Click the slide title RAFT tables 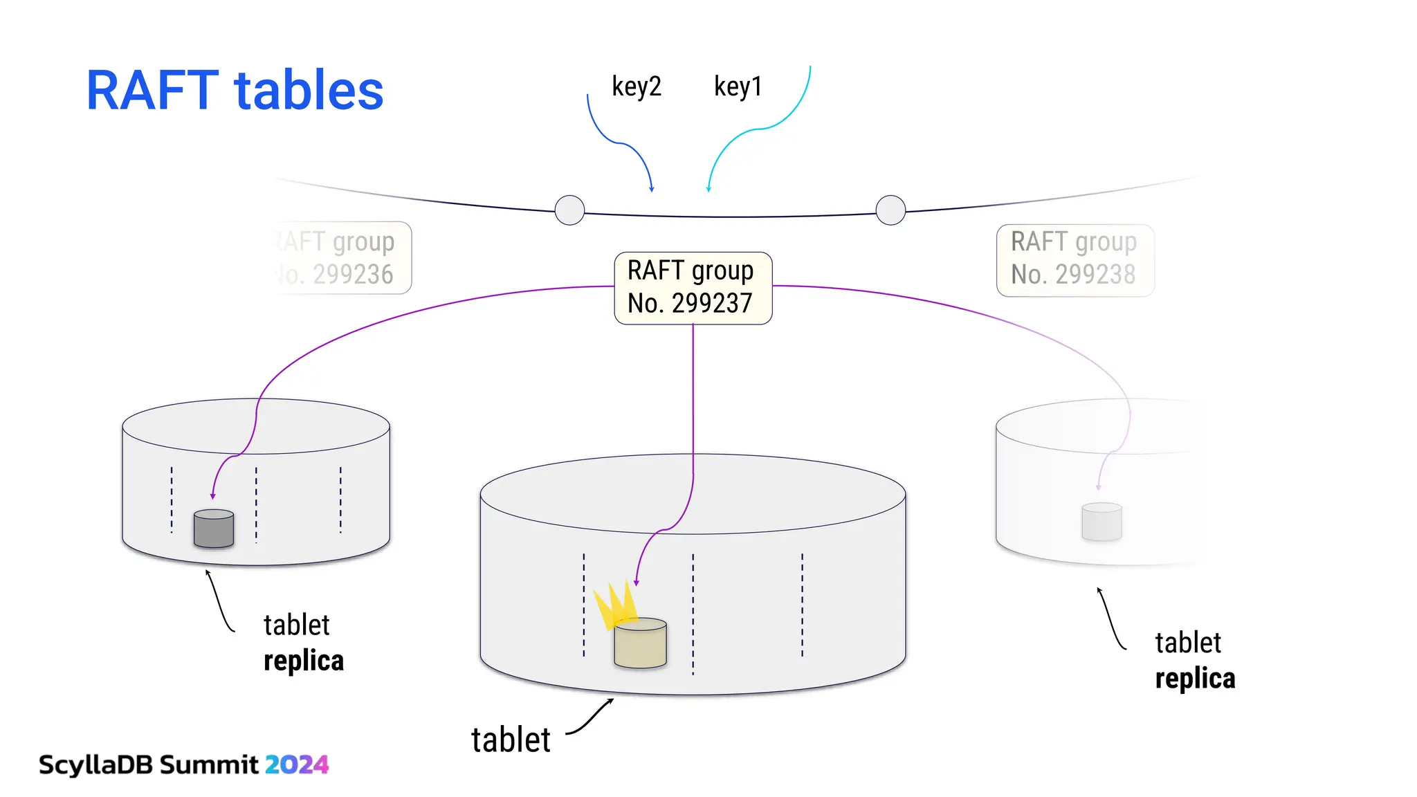(x=235, y=91)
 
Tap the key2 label (x=637, y=86)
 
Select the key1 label (x=738, y=86)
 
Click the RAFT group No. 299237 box (x=693, y=288)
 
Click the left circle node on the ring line (x=569, y=210)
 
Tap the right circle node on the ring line (x=890, y=210)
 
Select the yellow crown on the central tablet (x=615, y=604)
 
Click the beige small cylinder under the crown (x=640, y=644)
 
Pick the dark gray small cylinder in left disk (x=214, y=529)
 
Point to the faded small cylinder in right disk (x=1101, y=522)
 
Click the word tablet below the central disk (x=511, y=740)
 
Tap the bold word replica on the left (x=304, y=661)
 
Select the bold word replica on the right (x=1195, y=679)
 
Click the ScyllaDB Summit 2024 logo (x=183, y=764)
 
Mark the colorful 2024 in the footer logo (x=297, y=764)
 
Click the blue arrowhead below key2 (x=651, y=188)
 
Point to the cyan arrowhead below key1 (x=708, y=188)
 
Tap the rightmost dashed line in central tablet (x=802, y=605)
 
